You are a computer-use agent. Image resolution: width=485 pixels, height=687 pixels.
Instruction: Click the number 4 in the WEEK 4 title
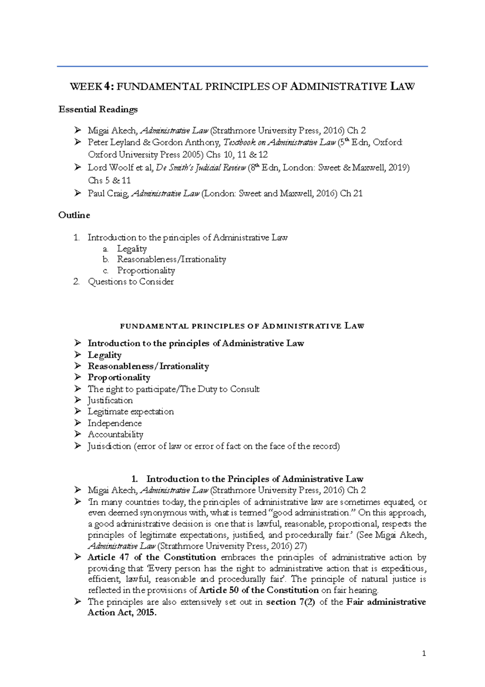(106, 87)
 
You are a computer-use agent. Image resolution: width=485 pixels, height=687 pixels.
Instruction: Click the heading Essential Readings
(98, 110)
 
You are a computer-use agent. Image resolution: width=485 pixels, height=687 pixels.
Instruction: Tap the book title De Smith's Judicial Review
(200, 168)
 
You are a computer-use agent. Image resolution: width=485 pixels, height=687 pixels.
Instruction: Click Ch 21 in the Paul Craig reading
(351, 193)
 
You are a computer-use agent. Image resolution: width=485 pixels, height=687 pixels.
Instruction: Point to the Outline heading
(74, 215)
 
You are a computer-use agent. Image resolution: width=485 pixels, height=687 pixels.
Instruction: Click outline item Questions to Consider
(131, 282)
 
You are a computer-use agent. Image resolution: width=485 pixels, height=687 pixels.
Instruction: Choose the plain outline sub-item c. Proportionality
(146, 271)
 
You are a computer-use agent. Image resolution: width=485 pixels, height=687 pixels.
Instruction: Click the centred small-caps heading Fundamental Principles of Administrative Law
(242, 326)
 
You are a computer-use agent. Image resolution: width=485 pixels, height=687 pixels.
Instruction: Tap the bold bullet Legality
(105, 355)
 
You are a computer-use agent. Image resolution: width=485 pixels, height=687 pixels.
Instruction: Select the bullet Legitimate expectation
(131, 412)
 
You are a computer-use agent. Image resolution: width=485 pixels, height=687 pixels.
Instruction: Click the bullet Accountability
(115, 435)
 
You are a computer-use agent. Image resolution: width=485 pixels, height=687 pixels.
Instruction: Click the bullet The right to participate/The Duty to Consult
(173, 389)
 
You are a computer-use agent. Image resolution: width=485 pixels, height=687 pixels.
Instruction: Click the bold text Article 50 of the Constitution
(259, 590)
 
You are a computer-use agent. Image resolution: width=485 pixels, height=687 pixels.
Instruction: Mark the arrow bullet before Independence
(78, 423)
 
